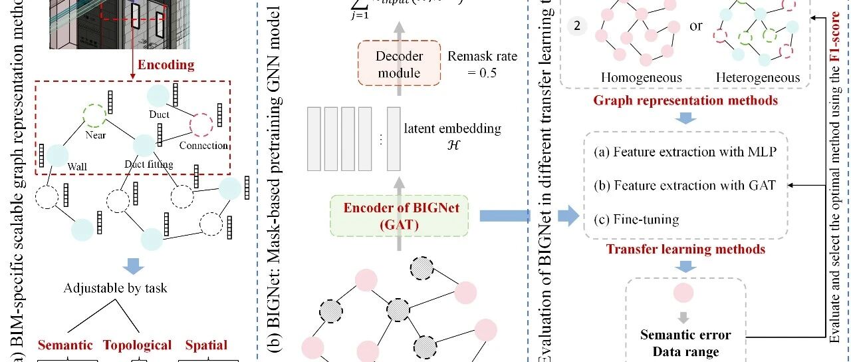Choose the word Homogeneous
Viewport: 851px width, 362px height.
pyautogui.click(x=642, y=77)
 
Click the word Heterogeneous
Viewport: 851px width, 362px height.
pyautogui.click(x=758, y=77)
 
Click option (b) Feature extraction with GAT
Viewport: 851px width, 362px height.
pyautogui.click(x=684, y=185)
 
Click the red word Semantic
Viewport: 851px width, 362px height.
pyautogui.click(x=65, y=345)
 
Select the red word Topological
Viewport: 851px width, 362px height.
pyautogui.click(x=137, y=345)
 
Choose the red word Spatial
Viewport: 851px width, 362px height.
pyautogui.click(x=206, y=345)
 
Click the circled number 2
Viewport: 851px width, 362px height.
pyautogui.click(x=578, y=26)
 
